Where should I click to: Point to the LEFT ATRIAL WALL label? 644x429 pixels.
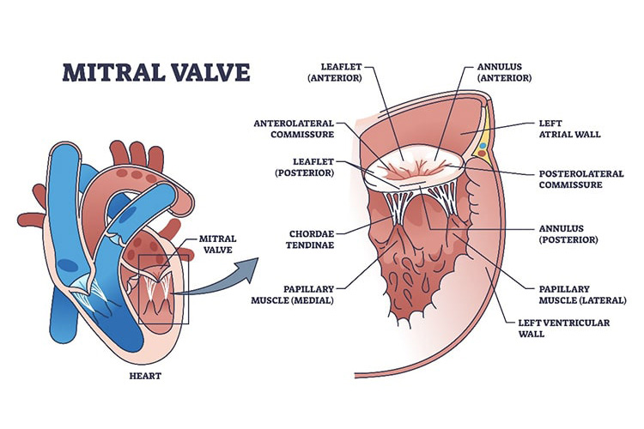pyautogui.click(x=565, y=129)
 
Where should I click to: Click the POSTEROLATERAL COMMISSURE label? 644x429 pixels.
pyautogui.click(x=580, y=178)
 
